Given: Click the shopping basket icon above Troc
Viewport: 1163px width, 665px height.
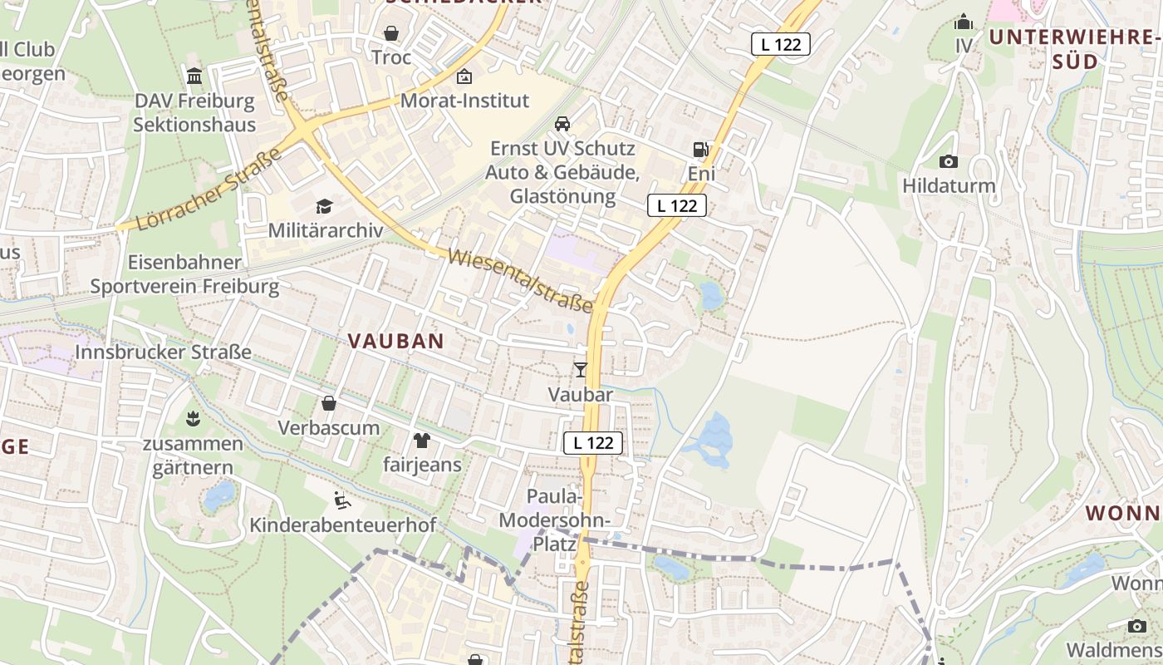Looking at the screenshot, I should (x=390, y=34).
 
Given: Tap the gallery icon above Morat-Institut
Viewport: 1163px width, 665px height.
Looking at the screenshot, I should (x=464, y=76).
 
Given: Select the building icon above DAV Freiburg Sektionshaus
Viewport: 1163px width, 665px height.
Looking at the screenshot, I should (x=194, y=76).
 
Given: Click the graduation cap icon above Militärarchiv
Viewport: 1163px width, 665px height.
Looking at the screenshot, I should (x=324, y=206).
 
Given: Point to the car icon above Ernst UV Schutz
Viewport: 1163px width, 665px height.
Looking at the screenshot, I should (x=562, y=125).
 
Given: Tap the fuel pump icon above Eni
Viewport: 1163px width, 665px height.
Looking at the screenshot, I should (x=700, y=150).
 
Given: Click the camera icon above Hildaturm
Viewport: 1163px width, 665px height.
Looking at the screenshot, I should (x=948, y=161).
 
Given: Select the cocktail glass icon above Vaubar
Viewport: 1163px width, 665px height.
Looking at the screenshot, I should (x=581, y=370).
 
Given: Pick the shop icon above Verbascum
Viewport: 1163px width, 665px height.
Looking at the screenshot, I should (x=329, y=404).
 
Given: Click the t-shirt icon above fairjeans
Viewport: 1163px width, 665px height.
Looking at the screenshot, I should (x=421, y=440).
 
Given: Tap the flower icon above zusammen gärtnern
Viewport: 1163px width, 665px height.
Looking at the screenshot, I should (x=194, y=418).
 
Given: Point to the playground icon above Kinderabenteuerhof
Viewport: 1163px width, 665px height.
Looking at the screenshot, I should (x=341, y=500).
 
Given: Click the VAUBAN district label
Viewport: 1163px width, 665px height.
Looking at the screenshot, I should (x=396, y=341).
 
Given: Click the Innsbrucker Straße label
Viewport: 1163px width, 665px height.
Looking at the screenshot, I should (x=163, y=352).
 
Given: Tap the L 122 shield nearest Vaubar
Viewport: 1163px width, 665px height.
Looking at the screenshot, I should (x=593, y=443).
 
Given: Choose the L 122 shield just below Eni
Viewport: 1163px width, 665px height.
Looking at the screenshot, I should (x=677, y=206).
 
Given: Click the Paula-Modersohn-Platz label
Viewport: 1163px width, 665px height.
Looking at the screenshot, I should (x=554, y=520).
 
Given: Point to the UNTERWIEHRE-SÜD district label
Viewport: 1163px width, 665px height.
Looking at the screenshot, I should (x=1072, y=49).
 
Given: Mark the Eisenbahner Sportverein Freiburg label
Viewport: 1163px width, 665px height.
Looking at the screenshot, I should (x=184, y=274).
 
